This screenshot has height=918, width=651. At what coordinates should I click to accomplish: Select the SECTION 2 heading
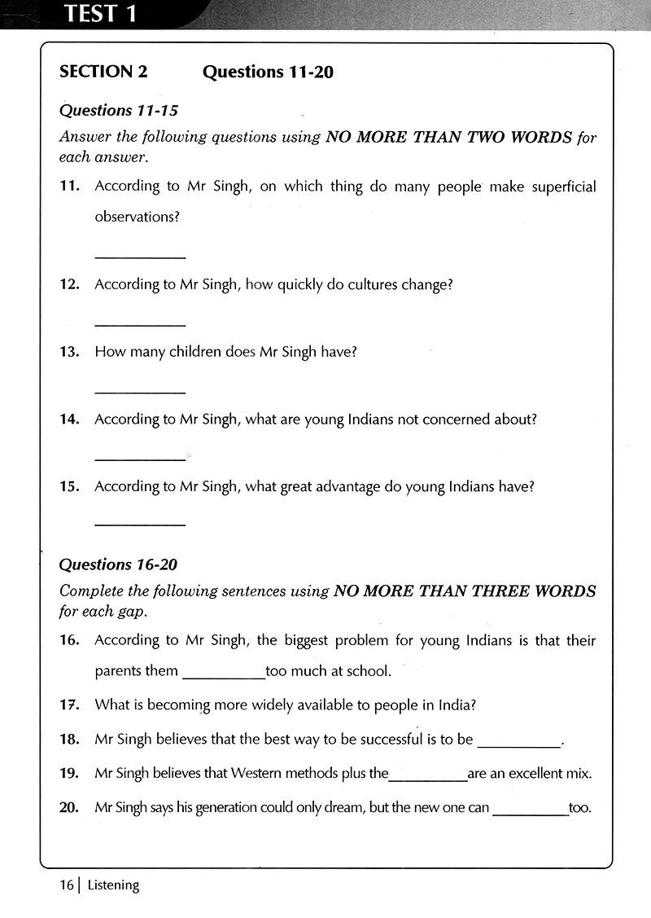pyautogui.click(x=103, y=72)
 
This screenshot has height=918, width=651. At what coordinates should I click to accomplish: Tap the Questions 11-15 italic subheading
pyautogui.click(x=119, y=110)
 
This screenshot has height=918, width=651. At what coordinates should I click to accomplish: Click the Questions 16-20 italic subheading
pyautogui.click(x=119, y=564)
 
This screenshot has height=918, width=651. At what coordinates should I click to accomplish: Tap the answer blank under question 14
pyautogui.click(x=140, y=459)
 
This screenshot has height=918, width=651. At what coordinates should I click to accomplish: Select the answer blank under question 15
pyautogui.click(x=140, y=523)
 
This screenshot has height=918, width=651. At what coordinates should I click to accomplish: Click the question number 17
pyautogui.click(x=69, y=705)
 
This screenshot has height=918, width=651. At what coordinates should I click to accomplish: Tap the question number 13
pyautogui.click(x=69, y=352)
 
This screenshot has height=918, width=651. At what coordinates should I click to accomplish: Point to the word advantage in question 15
pyautogui.click(x=362, y=486)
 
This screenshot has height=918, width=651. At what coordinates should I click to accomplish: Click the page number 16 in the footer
pyautogui.click(x=65, y=885)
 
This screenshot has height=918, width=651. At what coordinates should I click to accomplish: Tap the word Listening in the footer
pyautogui.click(x=113, y=885)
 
